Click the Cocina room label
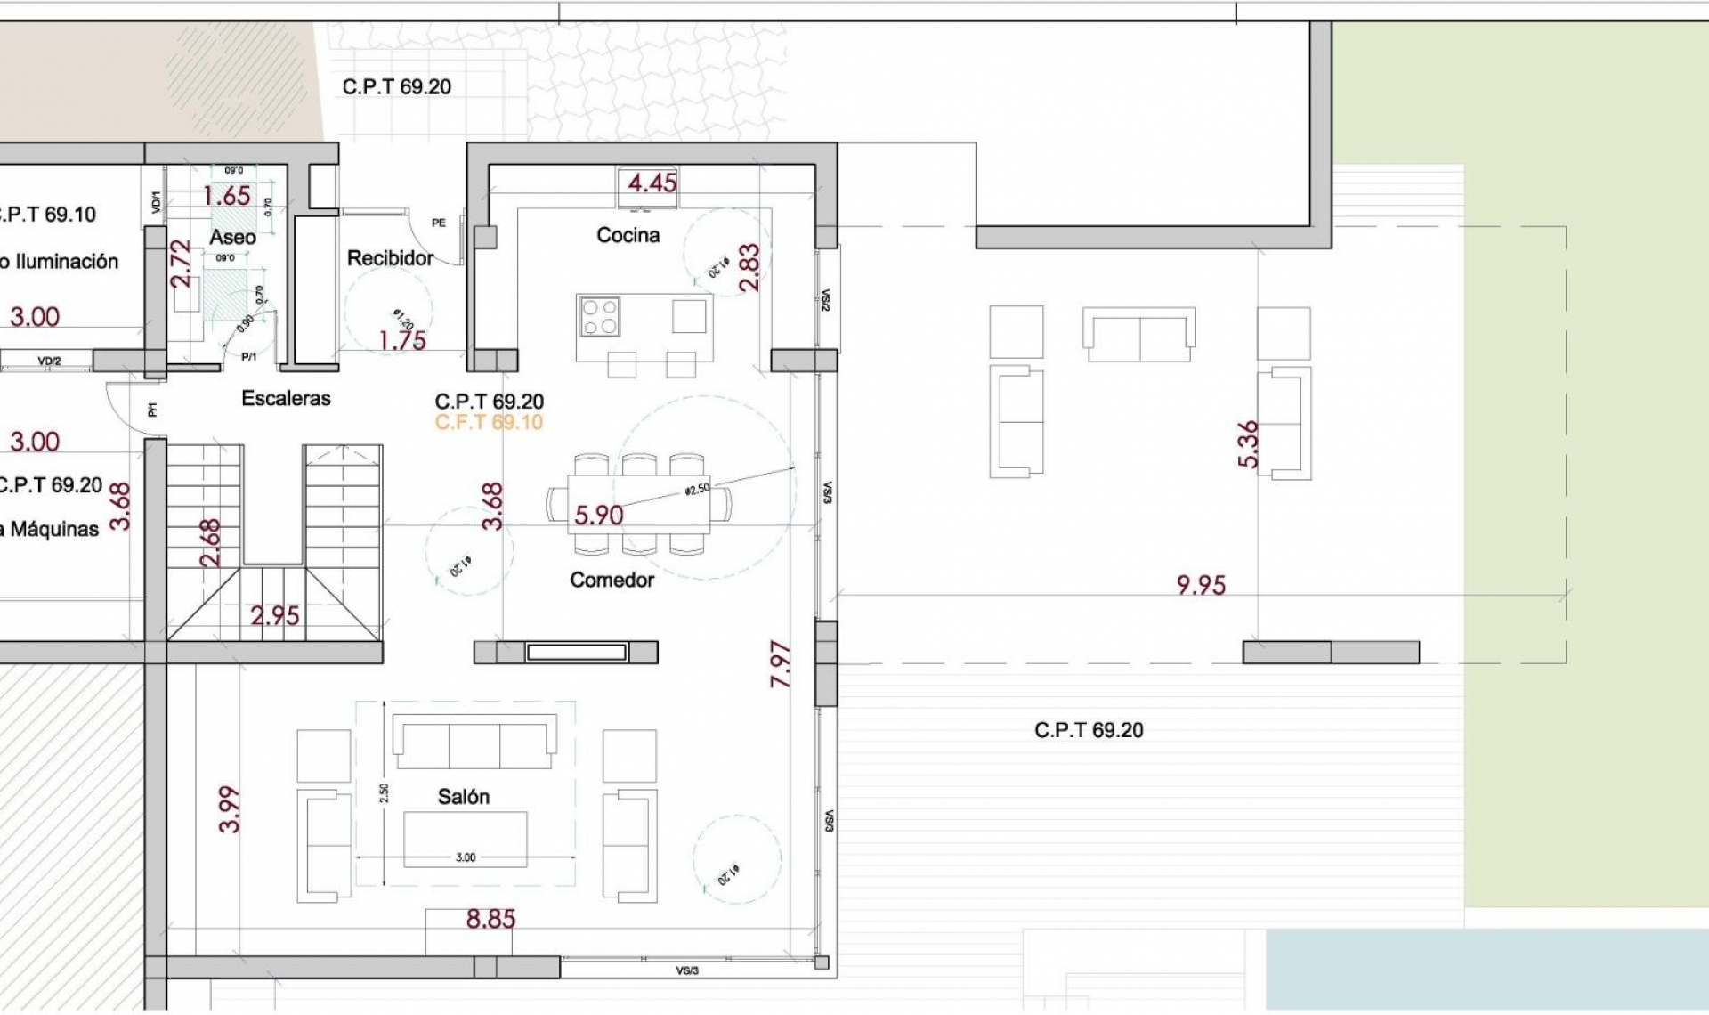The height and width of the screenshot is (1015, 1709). [628, 235]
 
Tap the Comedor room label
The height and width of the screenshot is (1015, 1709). [612, 580]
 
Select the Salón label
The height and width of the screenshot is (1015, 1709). [463, 796]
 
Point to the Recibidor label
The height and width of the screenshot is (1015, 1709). [390, 258]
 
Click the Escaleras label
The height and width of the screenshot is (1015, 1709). [286, 398]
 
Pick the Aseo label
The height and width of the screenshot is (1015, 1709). [232, 237]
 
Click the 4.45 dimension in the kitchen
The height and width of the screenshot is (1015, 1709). [652, 183]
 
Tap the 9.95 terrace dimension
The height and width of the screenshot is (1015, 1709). [1201, 585]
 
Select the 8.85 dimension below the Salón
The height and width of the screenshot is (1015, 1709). [490, 919]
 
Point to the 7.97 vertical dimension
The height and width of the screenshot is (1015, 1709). [780, 663]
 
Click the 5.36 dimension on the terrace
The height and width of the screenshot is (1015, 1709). [1248, 443]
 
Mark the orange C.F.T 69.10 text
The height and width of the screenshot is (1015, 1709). [489, 422]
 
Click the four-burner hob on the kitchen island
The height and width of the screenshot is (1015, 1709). [600, 317]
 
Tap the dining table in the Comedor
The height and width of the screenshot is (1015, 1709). [638, 504]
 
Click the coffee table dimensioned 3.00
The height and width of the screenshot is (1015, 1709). [465, 838]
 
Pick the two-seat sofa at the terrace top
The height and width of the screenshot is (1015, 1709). [1138, 335]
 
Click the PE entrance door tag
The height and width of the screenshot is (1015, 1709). [438, 223]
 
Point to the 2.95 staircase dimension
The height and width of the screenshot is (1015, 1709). [274, 615]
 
